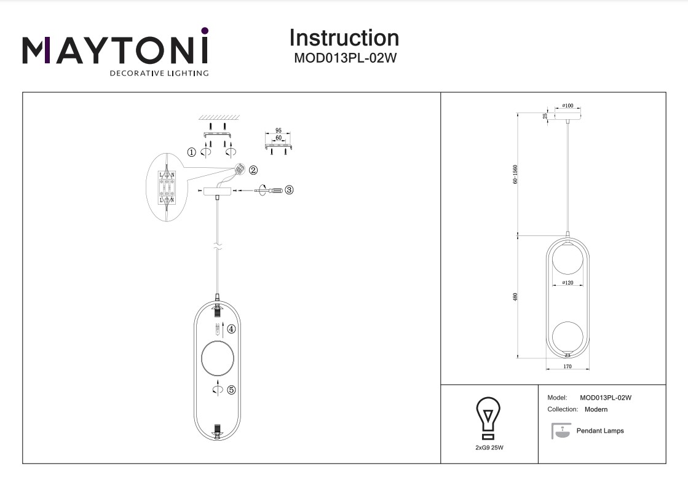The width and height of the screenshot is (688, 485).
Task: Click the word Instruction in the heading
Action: click(x=344, y=38)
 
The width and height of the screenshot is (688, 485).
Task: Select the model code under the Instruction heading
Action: click(x=344, y=59)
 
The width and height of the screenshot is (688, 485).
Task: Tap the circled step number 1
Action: click(x=192, y=151)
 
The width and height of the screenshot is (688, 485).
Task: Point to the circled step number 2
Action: click(x=253, y=170)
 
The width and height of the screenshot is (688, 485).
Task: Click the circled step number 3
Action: click(x=289, y=190)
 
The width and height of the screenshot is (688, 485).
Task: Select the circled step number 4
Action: click(x=231, y=329)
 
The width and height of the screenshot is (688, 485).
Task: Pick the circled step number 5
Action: click(x=231, y=390)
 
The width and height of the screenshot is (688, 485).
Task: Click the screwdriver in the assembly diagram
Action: click(x=271, y=191)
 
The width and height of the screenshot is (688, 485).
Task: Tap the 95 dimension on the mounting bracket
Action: click(x=278, y=131)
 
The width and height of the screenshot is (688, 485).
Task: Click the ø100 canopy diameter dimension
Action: click(x=567, y=106)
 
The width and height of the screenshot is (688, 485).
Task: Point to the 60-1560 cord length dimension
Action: click(x=515, y=174)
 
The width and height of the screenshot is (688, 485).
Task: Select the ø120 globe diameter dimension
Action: click(x=567, y=283)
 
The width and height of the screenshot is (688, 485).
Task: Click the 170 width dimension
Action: click(x=567, y=367)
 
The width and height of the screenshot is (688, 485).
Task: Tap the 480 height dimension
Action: click(x=515, y=296)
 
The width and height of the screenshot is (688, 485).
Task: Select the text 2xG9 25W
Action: click(x=489, y=448)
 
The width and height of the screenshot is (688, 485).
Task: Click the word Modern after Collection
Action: click(x=596, y=409)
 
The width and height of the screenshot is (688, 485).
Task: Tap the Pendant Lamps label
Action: click(x=599, y=431)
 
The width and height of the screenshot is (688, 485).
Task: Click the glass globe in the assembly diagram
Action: click(x=218, y=359)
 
